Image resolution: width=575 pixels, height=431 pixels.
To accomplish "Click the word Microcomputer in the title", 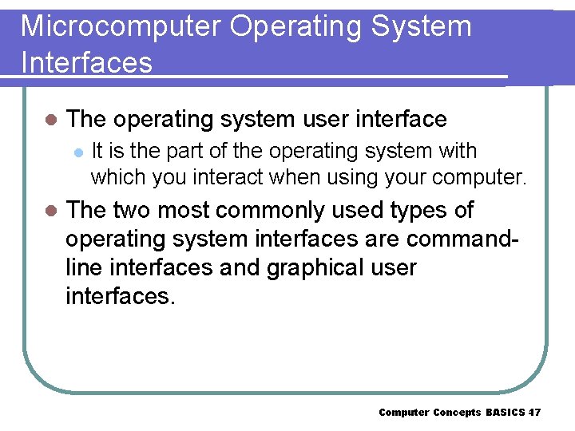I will (x=120, y=26).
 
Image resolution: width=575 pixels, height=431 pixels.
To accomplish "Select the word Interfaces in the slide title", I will (x=86, y=62).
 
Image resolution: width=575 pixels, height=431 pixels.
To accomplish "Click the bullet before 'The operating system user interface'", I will (x=50, y=120).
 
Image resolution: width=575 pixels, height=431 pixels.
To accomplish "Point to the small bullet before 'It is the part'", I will (x=77, y=151).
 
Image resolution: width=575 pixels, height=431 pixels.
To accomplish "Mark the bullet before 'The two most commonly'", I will (x=50, y=211).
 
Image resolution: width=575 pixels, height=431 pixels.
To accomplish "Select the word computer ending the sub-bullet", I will (x=483, y=176).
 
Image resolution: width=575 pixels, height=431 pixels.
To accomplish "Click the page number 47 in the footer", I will (x=534, y=413).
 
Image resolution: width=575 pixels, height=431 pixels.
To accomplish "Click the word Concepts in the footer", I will (x=457, y=413).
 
